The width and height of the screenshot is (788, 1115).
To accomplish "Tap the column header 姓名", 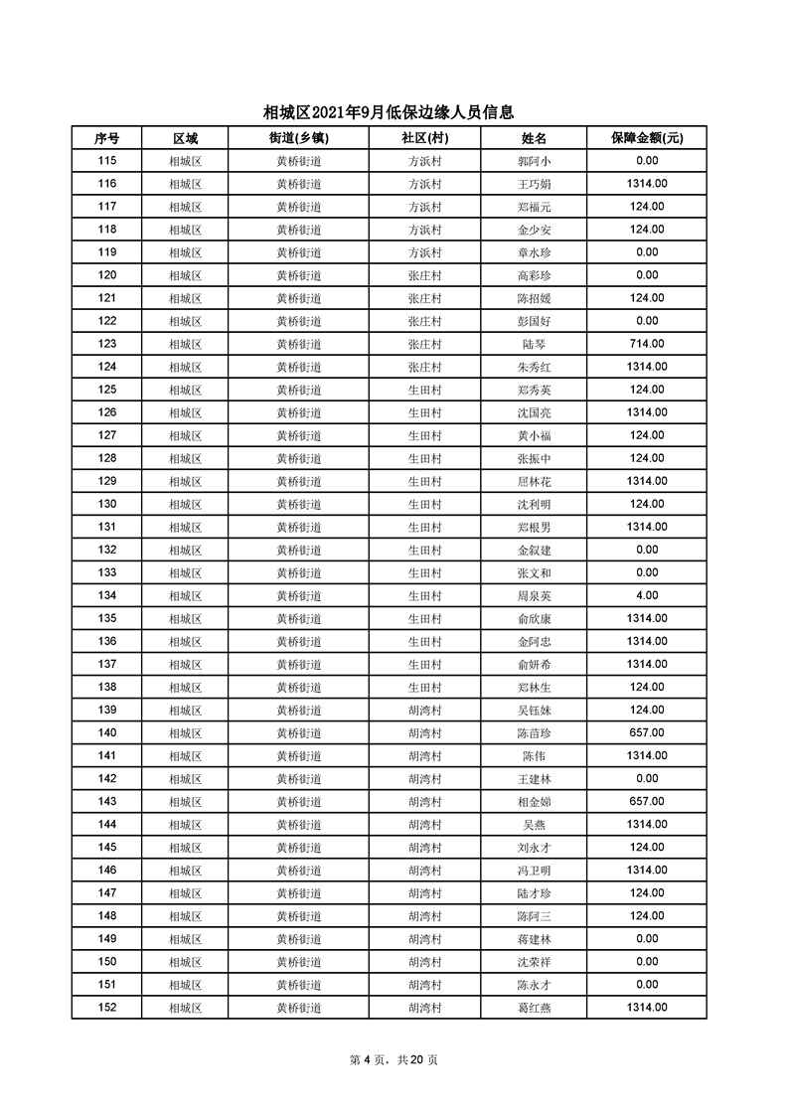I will (534, 138).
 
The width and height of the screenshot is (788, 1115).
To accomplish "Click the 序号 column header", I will (107, 138).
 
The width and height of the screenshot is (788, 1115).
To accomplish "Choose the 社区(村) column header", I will (424, 138).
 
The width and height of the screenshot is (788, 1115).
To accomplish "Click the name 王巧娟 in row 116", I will (534, 184).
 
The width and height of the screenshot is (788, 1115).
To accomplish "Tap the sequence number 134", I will (107, 595).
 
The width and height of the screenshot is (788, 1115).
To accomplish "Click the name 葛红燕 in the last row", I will (534, 1008).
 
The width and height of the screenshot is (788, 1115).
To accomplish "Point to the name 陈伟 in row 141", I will (534, 756).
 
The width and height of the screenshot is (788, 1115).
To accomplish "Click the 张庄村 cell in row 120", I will (424, 275).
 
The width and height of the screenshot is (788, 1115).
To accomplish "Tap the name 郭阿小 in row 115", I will (534, 161).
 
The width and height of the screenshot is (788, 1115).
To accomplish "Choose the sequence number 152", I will (107, 1008).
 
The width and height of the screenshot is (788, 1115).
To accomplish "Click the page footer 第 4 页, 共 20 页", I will (394, 1059).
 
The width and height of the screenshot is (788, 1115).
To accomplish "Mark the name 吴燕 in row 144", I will (534, 825).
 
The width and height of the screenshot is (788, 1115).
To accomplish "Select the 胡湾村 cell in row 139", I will (424, 710).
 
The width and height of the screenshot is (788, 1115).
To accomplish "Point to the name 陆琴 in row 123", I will (534, 344).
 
